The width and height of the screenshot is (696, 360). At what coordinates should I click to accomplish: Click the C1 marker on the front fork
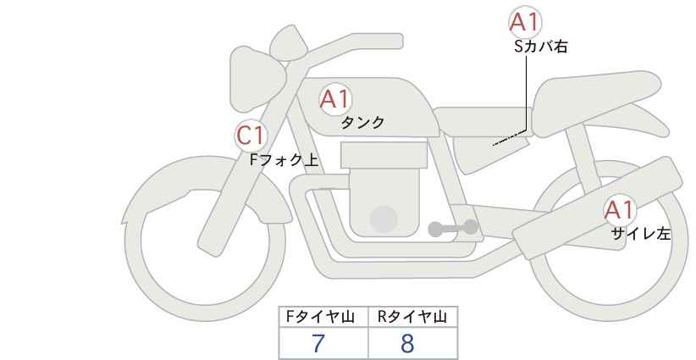pyautogui.click(x=251, y=136)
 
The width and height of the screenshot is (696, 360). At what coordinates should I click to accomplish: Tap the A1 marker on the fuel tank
pyautogui.click(x=335, y=99)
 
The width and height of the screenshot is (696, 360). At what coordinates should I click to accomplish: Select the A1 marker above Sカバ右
pyautogui.click(x=525, y=22)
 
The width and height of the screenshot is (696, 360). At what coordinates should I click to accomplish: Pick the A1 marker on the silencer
pyautogui.click(x=620, y=210)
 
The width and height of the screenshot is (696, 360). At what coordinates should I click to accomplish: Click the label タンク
pyautogui.click(x=362, y=122)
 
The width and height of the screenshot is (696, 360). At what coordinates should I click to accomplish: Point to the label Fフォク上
pyautogui.click(x=284, y=159)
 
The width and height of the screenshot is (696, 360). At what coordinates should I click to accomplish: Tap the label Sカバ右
pyautogui.click(x=541, y=47)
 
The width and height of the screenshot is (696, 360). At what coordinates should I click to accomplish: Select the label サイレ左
pyautogui.click(x=641, y=234)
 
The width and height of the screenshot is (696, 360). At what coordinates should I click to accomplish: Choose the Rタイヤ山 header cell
pyautogui.click(x=413, y=317)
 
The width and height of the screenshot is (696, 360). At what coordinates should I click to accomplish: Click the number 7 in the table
pyautogui.click(x=318, y=343)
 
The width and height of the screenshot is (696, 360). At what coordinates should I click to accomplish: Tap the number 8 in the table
pyautogui.click(x=407, y=343)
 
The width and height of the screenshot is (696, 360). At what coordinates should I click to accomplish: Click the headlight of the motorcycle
pyautogui.click(x=255, y=83)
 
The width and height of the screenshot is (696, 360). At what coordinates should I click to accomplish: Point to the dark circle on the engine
pyautogui.click(x=384, y=219)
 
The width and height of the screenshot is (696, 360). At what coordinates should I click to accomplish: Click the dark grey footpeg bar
pyautogui.click(x=453, y=228)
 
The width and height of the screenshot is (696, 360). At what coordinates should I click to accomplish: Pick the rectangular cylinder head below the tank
pyautogui.click(x=384, y=155)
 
